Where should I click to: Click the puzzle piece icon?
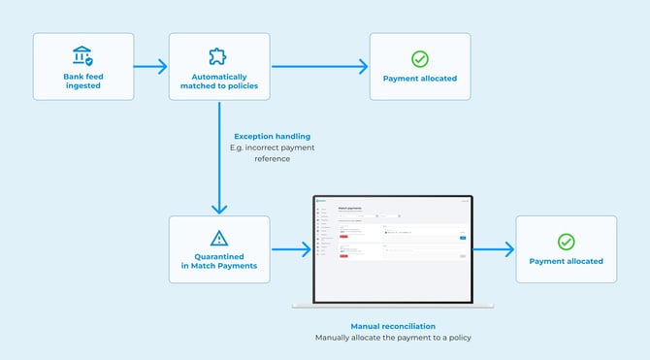[x=218, y=56]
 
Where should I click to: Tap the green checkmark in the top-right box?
[x=419, y=58]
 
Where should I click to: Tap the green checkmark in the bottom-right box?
[x=566, y=241]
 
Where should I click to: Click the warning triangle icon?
[x=218, y=239]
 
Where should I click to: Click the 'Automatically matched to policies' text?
[x=218, y=82]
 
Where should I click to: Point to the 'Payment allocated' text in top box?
[x=419, y=79]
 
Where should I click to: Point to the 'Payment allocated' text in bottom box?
[x=566, y=261]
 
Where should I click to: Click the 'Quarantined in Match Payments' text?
[x=218, y=260]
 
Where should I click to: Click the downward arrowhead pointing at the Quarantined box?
[x=218, y=208]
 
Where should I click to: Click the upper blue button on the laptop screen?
[x=462, y=237]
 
